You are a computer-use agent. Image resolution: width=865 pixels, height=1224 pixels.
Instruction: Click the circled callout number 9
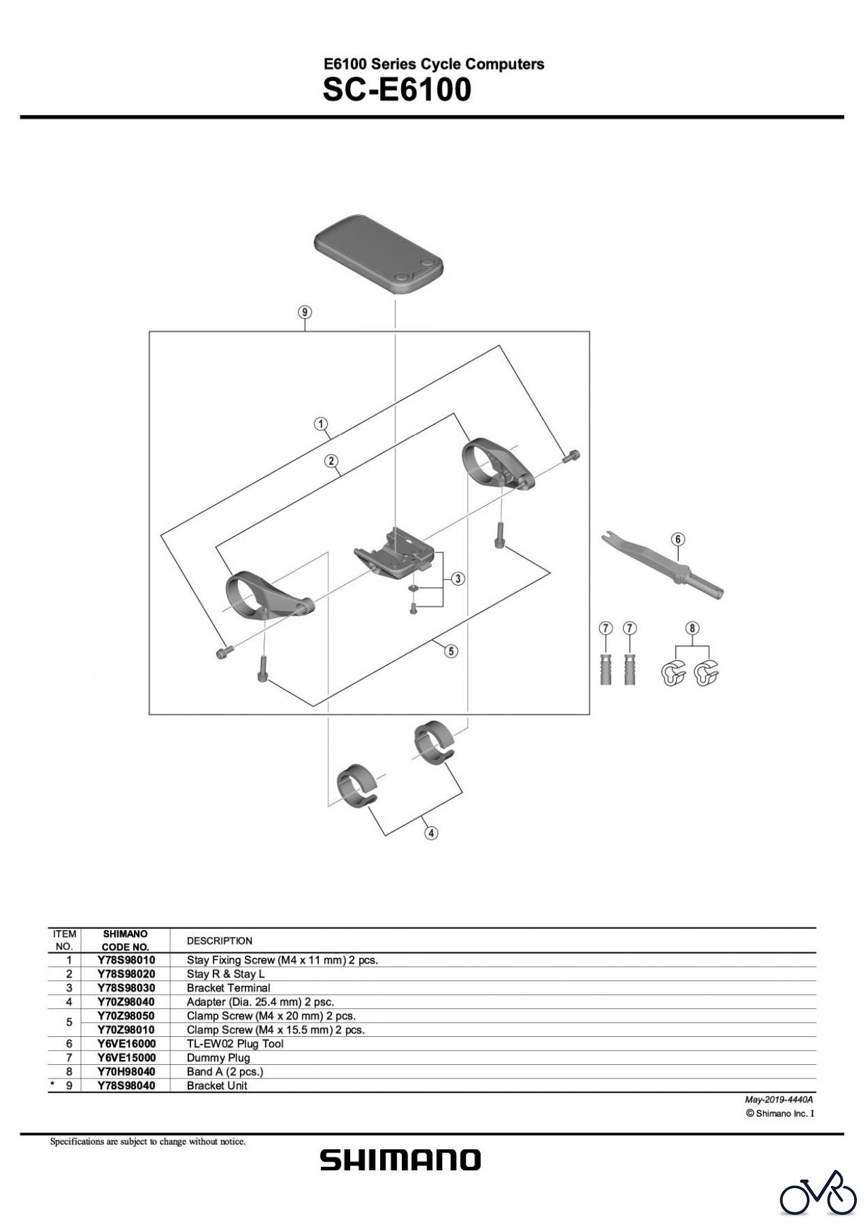tap(305, 312)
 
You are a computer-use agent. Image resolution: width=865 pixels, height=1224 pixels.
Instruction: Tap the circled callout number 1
tap(320, 424)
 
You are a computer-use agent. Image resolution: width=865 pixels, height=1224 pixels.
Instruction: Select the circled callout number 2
tap(331, 462)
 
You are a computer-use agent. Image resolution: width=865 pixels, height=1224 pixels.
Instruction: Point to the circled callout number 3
tap(458, 579)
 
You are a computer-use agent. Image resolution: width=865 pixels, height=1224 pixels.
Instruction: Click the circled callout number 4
tap(430, 832)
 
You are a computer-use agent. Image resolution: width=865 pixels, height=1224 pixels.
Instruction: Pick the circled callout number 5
tap(451, 651)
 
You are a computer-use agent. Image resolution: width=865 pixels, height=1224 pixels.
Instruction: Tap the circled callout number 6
tap(678, 539)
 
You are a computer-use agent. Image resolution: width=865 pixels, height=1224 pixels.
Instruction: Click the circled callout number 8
tap(692, 628)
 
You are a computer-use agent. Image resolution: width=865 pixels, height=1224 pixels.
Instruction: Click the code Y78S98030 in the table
tap(126, 987)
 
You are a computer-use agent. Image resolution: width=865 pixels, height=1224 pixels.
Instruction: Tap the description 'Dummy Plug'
tap(218, 1057)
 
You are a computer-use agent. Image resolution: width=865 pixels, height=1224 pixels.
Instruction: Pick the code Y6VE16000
tap(126, 1044)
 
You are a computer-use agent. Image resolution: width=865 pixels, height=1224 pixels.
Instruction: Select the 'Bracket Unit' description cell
tap(217, 1085)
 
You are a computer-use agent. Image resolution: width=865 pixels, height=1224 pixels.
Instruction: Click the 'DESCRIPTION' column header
tap(219, 940)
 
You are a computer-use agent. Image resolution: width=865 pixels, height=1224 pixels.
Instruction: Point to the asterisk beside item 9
tap(52, 1085)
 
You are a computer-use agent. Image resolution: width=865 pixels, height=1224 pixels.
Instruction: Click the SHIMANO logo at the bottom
tap(400, 1160)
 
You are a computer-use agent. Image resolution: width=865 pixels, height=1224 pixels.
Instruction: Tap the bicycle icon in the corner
tap(818, 1193)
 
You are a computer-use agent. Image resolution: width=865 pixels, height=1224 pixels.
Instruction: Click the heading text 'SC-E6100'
tap(396, 90)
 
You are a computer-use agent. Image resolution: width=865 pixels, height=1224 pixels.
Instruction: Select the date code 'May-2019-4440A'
tap(779, 1100)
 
